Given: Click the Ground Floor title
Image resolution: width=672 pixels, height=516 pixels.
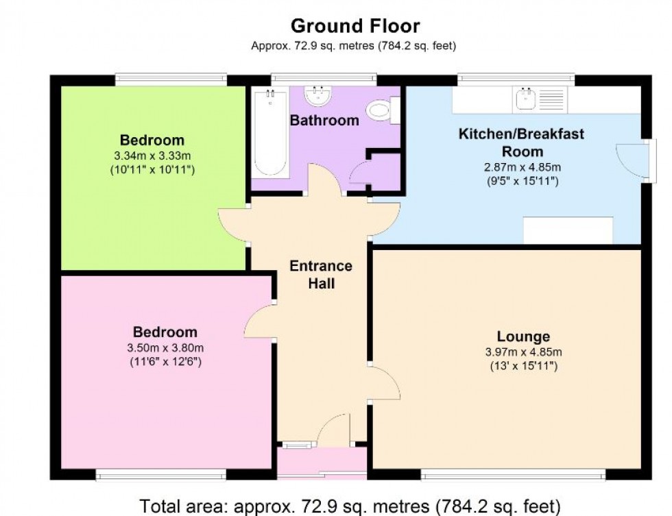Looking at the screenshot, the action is [x=355, y=26].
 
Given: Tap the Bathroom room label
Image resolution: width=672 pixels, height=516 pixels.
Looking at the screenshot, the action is [x=324, y=121].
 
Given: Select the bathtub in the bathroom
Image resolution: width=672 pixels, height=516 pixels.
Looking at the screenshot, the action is [x=270, y=133].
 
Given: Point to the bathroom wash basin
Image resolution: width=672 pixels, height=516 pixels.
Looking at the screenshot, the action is [x=317, y=95].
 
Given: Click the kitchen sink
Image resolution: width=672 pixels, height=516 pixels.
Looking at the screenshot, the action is [x=525, y=99].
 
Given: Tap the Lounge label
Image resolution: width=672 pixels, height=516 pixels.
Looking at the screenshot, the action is [x=523, y=336].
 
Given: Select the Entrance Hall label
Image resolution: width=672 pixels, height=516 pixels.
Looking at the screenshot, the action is [x=321, y=275].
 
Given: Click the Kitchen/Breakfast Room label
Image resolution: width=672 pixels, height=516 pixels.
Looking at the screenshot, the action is [x=522, y=143].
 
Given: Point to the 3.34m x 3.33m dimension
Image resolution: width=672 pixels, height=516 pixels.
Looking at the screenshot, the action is [x=152, y=156].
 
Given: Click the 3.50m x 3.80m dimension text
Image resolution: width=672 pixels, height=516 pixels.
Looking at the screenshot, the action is [x=165, y=347].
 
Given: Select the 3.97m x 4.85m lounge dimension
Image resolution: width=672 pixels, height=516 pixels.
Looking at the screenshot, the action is [x=523, y=352].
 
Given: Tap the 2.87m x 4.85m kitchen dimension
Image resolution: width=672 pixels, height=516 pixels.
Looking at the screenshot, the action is [x=523, y=167].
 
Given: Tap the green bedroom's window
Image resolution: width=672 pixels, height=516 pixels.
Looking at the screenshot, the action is [x=171, y=79].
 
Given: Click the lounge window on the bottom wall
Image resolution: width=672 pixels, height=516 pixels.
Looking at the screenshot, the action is [x=513, y=474].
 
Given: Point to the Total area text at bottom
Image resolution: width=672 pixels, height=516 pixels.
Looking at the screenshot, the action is [x=350, y=506].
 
